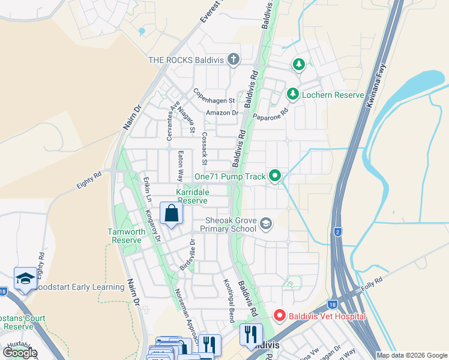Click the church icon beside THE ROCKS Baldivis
tap(234, 59)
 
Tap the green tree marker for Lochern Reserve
tap(292, 94)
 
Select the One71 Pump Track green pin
tap(275, 176)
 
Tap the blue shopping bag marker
tap(172, 213)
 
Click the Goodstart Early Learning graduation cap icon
tap(25, 278)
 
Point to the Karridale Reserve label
tap(192, 196)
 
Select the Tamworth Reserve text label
tap(126, 236)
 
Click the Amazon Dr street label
tap(222, 113)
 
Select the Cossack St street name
tap(205, 149)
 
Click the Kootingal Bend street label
tap(228, 300)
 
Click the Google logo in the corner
tap(20, 352)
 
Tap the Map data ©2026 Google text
tap(411, 355)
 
